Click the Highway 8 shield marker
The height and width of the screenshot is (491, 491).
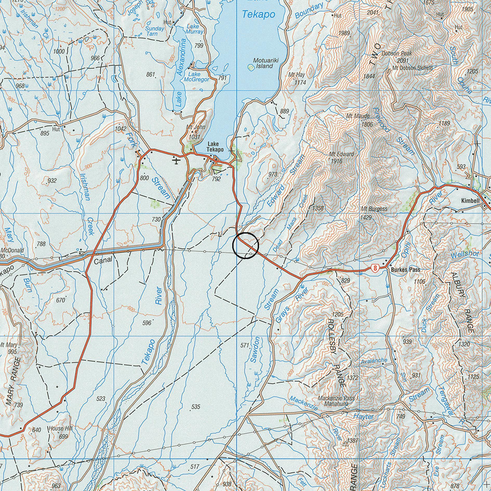374,268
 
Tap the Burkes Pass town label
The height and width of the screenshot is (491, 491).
405,270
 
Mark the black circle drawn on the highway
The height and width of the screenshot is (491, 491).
245,245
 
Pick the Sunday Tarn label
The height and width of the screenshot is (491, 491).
155,31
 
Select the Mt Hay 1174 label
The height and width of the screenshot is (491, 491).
297,78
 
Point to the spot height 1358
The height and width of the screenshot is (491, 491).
318,208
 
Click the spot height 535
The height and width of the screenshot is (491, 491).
195,407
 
